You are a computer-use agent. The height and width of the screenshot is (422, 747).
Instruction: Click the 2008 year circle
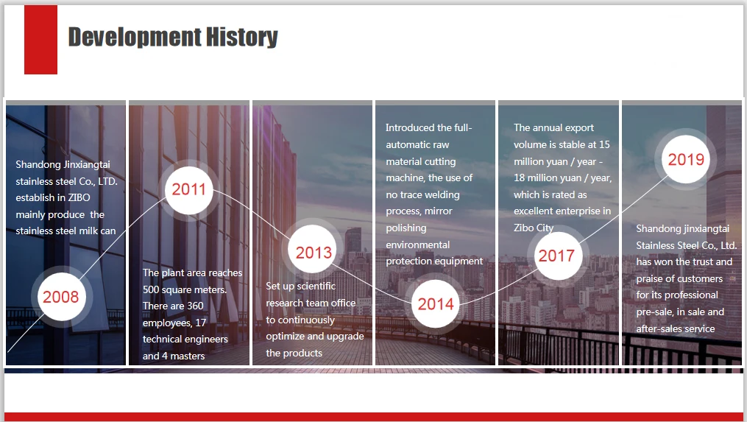tap(61, 297)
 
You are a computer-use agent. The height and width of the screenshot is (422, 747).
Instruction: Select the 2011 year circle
tap(188, 190)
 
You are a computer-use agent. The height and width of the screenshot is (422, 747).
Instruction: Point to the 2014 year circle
tap(436, 303)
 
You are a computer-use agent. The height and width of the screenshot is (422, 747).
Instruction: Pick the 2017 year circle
tap(556, 256)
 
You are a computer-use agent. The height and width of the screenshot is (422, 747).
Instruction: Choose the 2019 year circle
tap(685, 159)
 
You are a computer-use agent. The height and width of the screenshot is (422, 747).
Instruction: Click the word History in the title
tap(242, 37)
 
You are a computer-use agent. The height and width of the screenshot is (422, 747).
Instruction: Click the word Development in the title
tap(135, 38)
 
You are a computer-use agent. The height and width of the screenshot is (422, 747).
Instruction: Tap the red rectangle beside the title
tap(41, 40)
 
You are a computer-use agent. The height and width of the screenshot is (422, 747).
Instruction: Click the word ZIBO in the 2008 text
tap(79, 197)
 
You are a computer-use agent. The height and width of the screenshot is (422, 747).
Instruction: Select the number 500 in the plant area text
tap(152, 289)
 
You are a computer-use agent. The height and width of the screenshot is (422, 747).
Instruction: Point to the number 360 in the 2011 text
tap(195, 306)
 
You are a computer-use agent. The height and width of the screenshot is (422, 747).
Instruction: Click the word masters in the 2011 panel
tap(187, 356)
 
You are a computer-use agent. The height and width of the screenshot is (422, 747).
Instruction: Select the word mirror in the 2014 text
tap(437, 211)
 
